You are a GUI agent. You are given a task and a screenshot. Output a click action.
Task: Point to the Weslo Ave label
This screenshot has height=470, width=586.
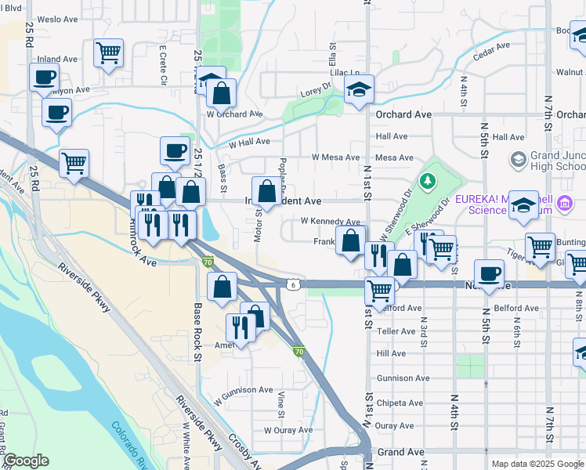click(54, 19)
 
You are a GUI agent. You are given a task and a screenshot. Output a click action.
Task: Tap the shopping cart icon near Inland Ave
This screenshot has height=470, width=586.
click(108, 53)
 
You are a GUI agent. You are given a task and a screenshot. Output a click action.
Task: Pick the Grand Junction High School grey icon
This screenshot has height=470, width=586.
click(518, 160)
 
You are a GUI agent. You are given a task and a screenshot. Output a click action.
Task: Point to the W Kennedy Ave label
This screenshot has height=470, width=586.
click(330, 222)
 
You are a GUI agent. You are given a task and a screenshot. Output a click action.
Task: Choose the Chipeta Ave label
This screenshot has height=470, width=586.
click(400, 403)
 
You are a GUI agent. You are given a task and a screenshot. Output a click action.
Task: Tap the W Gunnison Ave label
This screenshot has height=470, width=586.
click(243, 390)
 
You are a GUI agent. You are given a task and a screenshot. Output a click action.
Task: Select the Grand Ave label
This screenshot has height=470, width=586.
click(400, 453)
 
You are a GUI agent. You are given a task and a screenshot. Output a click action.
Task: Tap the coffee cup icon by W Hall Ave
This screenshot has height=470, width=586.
click(174, 150)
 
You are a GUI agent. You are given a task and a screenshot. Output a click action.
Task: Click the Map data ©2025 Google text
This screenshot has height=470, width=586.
click(536, 464)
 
